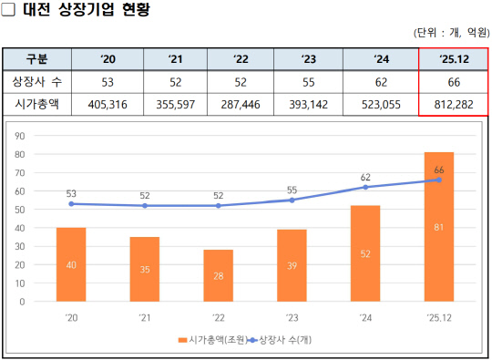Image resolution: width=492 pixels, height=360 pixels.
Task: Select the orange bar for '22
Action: pyautogui.click(x=219, y=275)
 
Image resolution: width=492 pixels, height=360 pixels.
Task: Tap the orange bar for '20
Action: pyautogui.click(x=71, y=264)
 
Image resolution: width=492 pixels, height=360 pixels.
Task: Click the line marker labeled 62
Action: pyautogui.click(x=365, y=187)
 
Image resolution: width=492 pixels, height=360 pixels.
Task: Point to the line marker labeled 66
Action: pyautogui.click(x=439, y=180)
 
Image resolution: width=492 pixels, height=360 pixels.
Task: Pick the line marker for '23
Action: pyautogui.click(x=292, y=200)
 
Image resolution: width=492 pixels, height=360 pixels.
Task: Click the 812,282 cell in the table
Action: pyautogui.click(x=453, y=106)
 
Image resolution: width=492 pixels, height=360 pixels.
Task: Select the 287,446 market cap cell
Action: pyautogui.click(x=241, y=106)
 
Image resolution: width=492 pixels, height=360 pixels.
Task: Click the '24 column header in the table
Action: pyautogui.click(x=382, y=59)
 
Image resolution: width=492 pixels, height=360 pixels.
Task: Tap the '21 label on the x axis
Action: pyautogui.click(x=145, y=318)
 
